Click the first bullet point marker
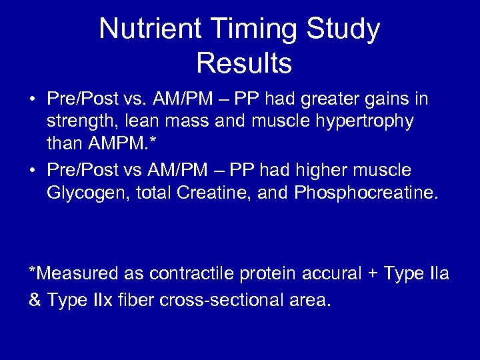point(32,100)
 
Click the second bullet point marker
point(32,171)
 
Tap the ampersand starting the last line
point(35,300)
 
